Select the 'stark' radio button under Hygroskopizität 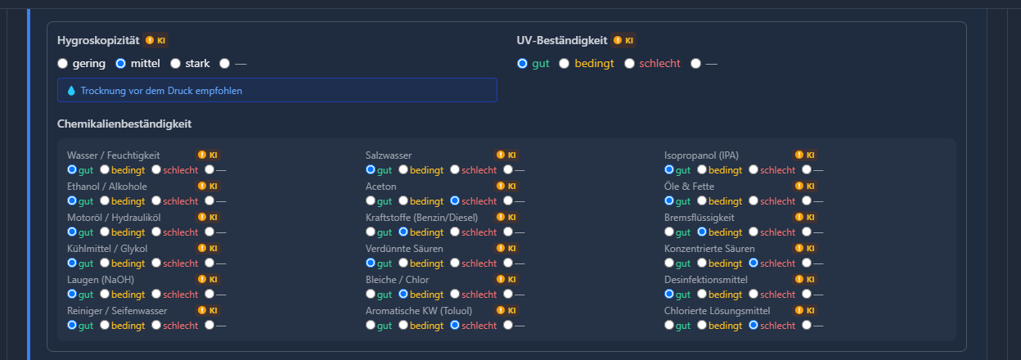pyautogui.click(x=175, y=63)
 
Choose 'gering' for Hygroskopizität pyautogui.click(x=62, y=63)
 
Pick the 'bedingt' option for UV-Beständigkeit pyautogui.click(x=564, y=63)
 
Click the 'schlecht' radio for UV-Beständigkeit pyautogui.click(x=629, y=63)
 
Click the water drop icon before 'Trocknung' pyautogui.click(x=71, y=91)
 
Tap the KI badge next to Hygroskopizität pyautogui.click(x=155, y=41)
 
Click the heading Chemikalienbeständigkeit pyautogui.click(x=124, y=124)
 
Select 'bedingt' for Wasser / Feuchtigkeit pyautogui.click(x=105, y=169)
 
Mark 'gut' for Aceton pyautogui.click(x=371, y=200)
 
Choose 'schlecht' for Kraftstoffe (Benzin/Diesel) pyautogui.click(x=455, y=232)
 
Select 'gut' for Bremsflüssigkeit pyautogui.click(x=669, y=232)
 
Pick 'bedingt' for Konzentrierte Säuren pyautogui.click(x=702, y=263)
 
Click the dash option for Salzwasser pyautogui.click(x=508, y=169)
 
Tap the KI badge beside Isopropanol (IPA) pyautogui.click(x=805, y=155)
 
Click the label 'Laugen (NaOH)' pyautogui.click(x=101, y=280)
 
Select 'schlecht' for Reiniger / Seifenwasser pyautogui.click(x=156, y=325)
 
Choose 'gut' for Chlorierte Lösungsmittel pyautogui.click(x=669, y=325)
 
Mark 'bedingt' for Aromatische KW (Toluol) pyautogui.click(x=403, y=325)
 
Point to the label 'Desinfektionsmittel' pyautogui.click(x=705, y=280)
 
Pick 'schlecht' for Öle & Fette pyautogui.click(x=753, y=200)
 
